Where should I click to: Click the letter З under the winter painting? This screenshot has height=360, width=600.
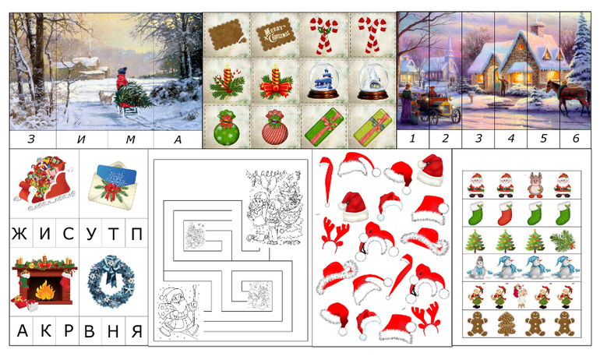pos(31,139)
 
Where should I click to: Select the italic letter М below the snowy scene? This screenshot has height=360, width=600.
pos(130,139)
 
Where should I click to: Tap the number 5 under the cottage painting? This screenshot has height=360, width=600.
pos(543,138)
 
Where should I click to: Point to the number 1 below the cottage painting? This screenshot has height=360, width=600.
pos(412,138)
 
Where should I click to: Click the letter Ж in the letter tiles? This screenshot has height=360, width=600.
pos(20,233)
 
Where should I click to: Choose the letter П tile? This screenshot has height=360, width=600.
pos(136,233)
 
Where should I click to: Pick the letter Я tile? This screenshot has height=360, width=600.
pos(136,331)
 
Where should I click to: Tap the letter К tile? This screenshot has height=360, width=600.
pos(45,330)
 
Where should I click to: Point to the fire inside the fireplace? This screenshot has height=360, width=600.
pos(44,290)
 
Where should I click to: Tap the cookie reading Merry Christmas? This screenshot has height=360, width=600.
pos(277,34)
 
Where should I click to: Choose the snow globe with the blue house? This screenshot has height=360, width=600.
pos(323,81)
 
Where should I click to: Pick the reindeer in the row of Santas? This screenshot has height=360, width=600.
pos(535,185)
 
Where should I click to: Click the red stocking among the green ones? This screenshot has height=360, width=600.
pos(505,213)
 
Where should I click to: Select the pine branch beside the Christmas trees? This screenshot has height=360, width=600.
pos(563,241)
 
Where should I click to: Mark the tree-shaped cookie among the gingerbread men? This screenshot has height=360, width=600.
pos(506,323)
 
